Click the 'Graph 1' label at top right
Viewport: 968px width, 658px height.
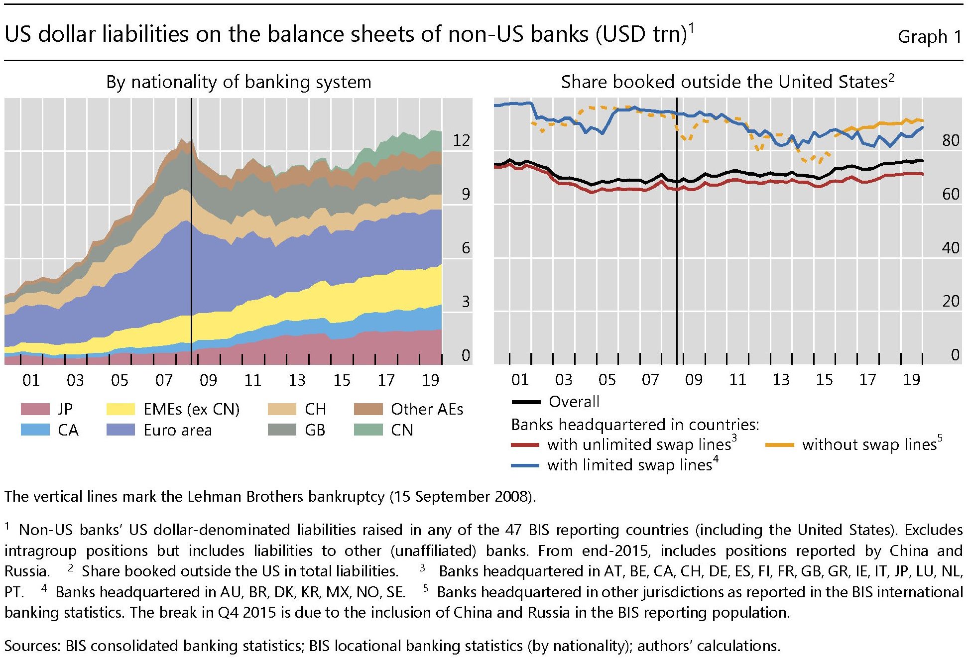pyautogui.click(x=929, y=36)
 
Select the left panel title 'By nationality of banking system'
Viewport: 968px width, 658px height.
pyautogui.click(x=239, y=82)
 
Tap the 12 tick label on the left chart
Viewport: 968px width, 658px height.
pyautogui.click(x=461, y=140)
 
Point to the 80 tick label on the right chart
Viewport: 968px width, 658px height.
pyautogui.click(x=951, y=140)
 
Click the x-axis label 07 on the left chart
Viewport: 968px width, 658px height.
pyautogui.click(x=164, y=380)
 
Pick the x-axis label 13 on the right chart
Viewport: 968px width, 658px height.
pyautogui.click(x=781, y=380)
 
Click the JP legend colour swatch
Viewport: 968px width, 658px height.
pyautogui.click(x=35, y=409)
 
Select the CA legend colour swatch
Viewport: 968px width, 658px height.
pyautogui.click(x=35, y=430)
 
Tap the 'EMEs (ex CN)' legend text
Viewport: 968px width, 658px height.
pyautogui.click(x=192, y=409)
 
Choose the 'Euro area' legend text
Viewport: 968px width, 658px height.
pyautogui.click(x=178, y=430)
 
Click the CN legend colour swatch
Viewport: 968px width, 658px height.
pyautogui.click(x=368, y=430)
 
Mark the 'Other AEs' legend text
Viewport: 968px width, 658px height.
pyautogui.click(x=427, y=409)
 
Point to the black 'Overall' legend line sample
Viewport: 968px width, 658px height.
pyautogui.click(x=526, y=402)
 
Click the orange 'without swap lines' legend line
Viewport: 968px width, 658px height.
pyautogui.click(x=779, y=444)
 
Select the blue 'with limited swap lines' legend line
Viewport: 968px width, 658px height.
pyautogui.click(x=525, y=465)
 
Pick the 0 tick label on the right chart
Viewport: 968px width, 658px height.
pyautogui.click(x=955, y=355)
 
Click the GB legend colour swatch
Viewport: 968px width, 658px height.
pyautogui.click(x=282, y=430)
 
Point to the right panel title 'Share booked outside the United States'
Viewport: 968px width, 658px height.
pyautogui.click(x=727, y=82)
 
